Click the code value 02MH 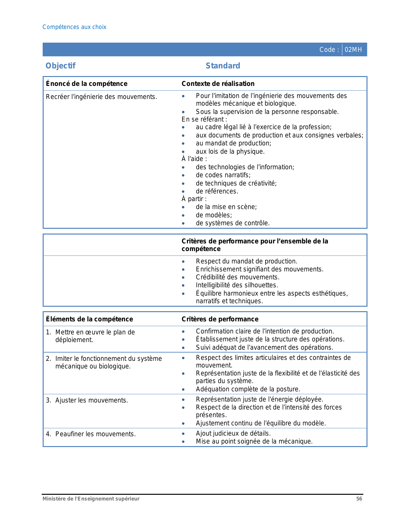(353, 50)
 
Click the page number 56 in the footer (359, 499)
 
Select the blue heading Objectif (61, 66)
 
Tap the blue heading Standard (223, 66)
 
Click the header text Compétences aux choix (74, 27)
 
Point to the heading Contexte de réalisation (218, 84)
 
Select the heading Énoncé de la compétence (87, 84)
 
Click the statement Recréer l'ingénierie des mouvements (101, 97)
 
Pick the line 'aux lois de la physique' (230, 151)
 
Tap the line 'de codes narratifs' (223, 175)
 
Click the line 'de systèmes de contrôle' (232, 223)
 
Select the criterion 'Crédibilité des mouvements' (238, 277)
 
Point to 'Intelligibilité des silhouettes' (237, 285)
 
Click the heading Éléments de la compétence (89, 319)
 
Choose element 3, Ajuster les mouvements (91, 400)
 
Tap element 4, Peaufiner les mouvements (95, 434)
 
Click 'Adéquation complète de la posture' (248, 389)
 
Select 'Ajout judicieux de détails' (233, 433)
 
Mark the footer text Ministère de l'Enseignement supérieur (91, 499)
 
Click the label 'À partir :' (194, 199)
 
